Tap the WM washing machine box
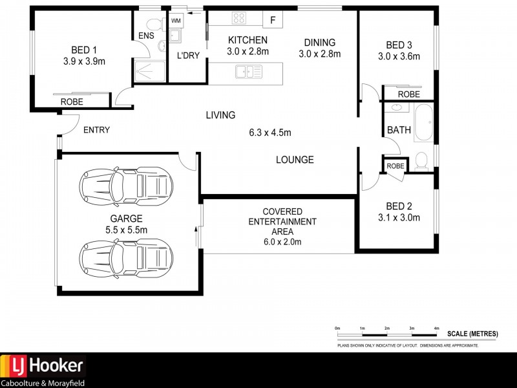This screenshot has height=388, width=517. [x=176, y=21]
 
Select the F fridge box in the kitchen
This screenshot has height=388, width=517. [x=273, y=20]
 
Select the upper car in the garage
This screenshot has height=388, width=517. [x=126, y=186]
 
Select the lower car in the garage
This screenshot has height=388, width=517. [x=126, y=257]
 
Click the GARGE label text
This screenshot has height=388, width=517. [x=126, y=219]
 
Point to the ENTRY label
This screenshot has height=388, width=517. [x=96, y=130]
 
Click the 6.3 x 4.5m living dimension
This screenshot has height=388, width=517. [x=270, y=133]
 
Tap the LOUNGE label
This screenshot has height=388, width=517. [x=295, y=160]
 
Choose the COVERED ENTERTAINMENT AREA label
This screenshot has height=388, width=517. [x=282, y=222]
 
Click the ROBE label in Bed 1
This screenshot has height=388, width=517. [x=72, y=102]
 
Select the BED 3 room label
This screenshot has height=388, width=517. [x=399, y=45]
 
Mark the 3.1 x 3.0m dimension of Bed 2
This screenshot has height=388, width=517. [x=399, y=217]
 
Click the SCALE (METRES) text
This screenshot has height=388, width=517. [x=472, y=334]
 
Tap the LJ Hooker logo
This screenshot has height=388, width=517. [x=43, y=367]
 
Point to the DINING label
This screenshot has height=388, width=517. [x=319, y=43]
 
